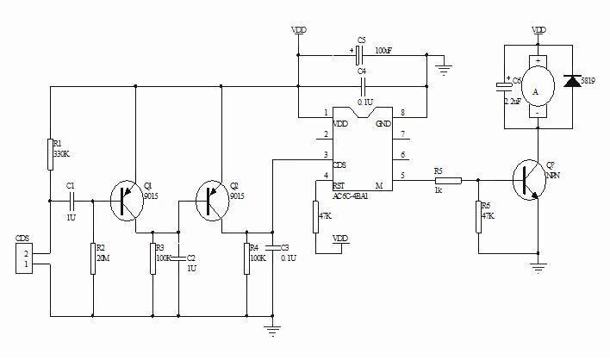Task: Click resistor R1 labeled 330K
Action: tap(51, 155)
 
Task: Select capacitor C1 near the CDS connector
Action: tap(72, 200)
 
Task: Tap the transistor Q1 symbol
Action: tap(127, 200)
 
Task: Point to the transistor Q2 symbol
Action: tap(212, 200)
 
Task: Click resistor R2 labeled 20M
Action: tap(92, 258)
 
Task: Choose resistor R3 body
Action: tap(153, 257)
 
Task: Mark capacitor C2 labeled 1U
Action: tap(178, 258)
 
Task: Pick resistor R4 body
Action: tap(246, 257)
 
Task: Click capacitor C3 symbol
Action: tap(272, 249)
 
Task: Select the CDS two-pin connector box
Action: tap(26, 259)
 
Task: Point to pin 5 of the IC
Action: tap(401, 177)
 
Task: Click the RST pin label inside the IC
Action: tap(339, 185)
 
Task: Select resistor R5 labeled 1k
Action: tap(448, 180)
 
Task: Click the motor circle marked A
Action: tap(536, 91)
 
